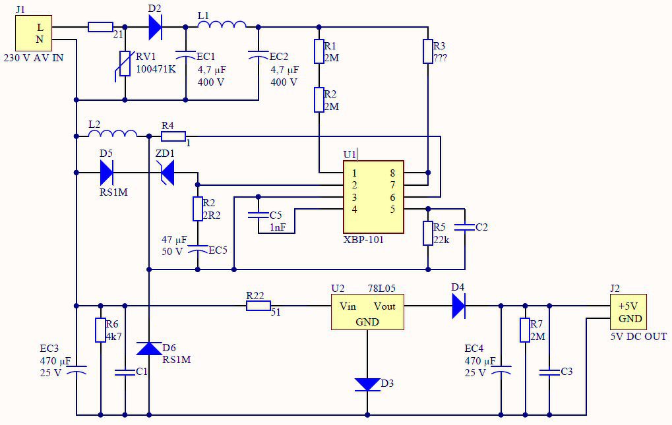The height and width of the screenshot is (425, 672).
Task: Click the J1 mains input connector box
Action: coord(34,34)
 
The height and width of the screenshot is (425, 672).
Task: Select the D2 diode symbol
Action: coord(155,28)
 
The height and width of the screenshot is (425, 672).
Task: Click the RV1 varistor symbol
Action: coord(124,64)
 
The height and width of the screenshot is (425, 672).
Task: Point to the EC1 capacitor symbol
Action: coord(185,55)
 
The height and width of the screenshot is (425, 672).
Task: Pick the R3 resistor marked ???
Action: coord(428,51)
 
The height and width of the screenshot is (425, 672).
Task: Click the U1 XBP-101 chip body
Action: coord(373,197)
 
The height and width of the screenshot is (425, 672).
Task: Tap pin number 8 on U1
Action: coord(392,173)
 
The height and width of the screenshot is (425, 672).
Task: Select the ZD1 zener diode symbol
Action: coord(167,173)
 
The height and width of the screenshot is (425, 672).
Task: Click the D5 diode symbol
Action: coord(106,173)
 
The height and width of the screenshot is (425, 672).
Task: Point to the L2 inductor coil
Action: coord(113,133)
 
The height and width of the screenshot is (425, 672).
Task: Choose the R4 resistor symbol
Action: coord(173,136)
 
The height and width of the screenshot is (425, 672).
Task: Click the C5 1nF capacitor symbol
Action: coord(258,215)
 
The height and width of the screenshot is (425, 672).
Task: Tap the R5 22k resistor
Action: coord(428,233)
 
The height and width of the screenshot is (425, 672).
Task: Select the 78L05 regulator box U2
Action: coord(367,312)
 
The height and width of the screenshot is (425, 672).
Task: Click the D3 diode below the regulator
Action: coord(367,384)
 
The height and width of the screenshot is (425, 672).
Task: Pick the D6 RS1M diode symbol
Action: coord(149,349)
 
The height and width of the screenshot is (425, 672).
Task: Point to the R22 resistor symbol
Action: coord(259,306)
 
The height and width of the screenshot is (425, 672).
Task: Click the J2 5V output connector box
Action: coord(628,312)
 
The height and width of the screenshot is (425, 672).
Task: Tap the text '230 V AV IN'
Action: coord(34,58)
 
